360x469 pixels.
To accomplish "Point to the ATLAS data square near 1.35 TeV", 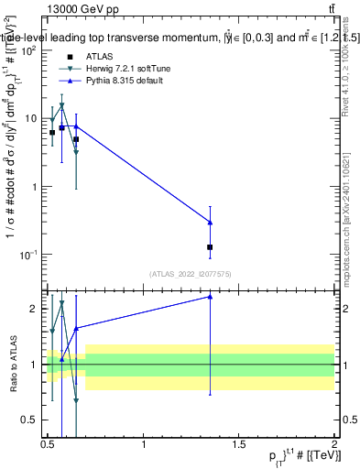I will [x=211, y=247].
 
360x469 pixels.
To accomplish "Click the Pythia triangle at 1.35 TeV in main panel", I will [x=211, y=223].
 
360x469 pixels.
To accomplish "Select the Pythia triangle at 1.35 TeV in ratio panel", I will [x=211, y=297].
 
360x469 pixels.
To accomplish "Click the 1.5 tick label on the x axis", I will [x=239, y=444].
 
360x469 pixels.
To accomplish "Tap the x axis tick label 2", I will [x=334, y=444].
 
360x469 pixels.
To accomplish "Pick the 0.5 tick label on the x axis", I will [x=48, y=444].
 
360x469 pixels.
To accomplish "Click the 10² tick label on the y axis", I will [x=28, y=51].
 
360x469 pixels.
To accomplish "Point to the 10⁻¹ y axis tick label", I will [x=28, y=255].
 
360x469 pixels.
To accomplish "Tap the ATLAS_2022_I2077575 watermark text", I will [x=191, y=273].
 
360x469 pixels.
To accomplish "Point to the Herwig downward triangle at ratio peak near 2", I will [x=61, y=302].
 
